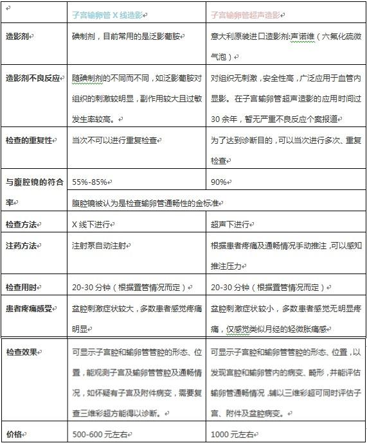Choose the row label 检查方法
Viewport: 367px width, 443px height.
pyautogui.click(x=22, y=224)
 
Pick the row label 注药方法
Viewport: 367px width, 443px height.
pyautogui.click(x=22, y=246)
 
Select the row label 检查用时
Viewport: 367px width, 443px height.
pyautogui.click(x=22, y=286)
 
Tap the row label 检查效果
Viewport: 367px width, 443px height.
pyautogui.click(x=22, y=352)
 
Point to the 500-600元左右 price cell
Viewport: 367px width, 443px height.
pyautogui.click(x=98, y=434)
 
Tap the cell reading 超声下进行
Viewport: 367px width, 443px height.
pyautogui.click(x=230, y=224)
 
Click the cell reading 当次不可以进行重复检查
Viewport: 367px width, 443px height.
pyautogui.click(x=114, y=139)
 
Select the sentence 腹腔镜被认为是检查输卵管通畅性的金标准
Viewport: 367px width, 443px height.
pyautogui.click(x=148, y=203)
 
